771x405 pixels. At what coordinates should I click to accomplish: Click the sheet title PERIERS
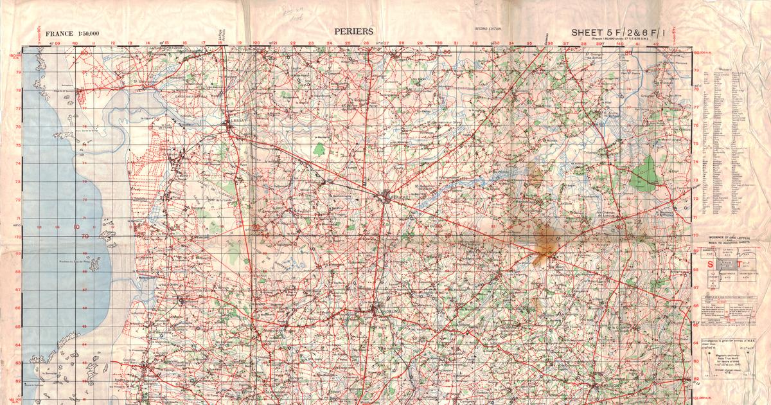coord(353,31)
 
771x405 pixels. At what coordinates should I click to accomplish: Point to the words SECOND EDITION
coord(488,30)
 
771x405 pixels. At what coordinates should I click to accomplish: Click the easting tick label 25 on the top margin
coord(348,44)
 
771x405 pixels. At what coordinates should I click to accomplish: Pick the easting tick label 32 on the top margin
coord(475,44)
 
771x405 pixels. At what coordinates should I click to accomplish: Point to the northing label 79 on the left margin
coord(19,72)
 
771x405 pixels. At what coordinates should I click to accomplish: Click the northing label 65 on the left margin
coord(19,327)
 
